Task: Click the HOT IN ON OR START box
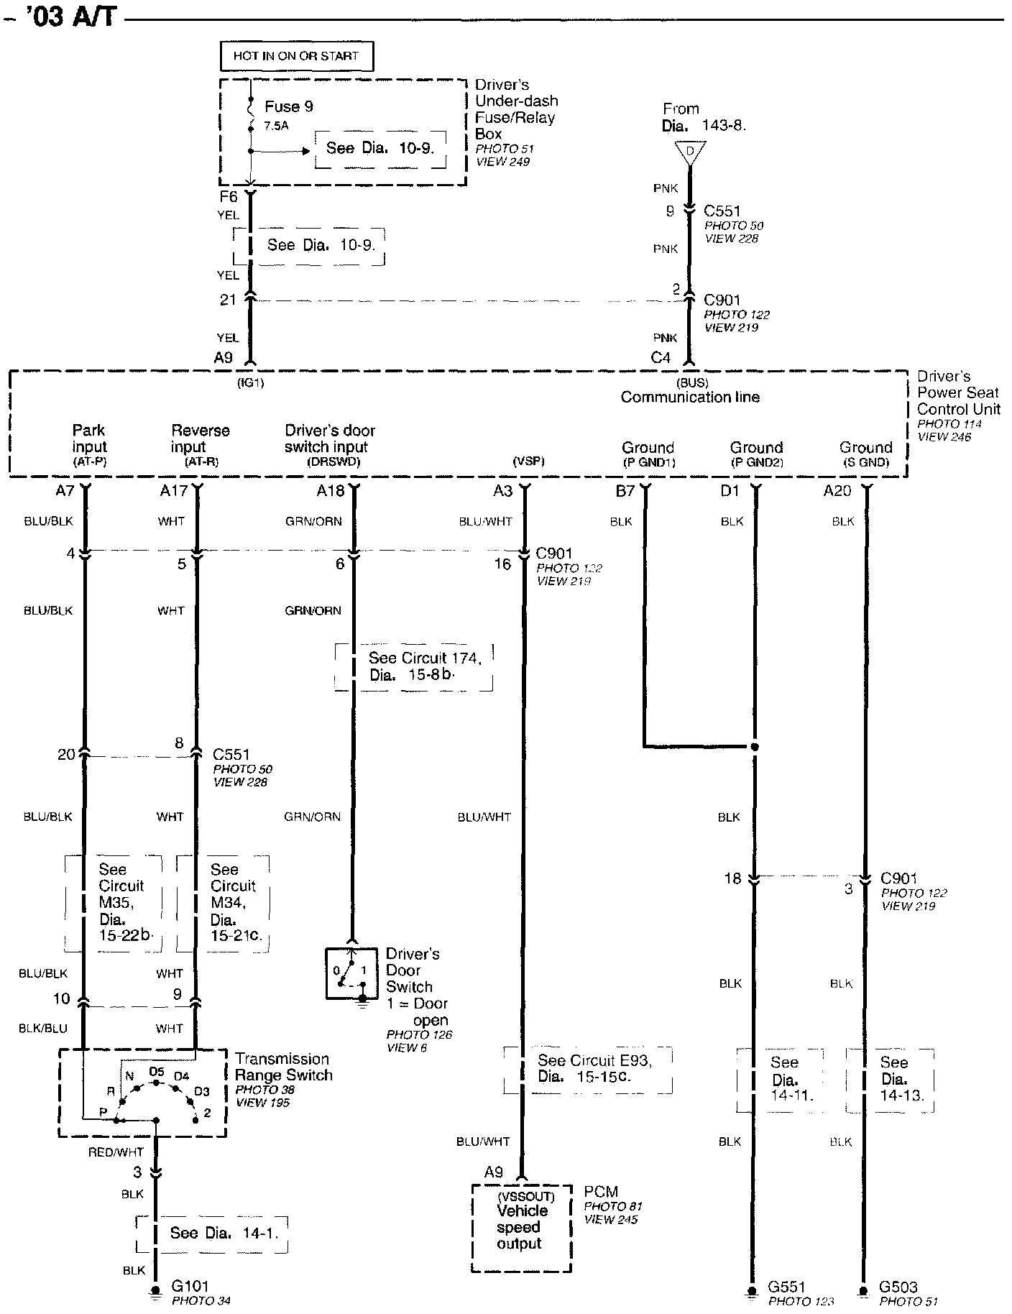tap(295, 55)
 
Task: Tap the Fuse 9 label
tap(289, 106)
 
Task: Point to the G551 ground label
tap(786, 1286)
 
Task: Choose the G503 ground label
tap(898, 1286)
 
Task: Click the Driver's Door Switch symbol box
tap(351, 973)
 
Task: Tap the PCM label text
tap(601, 1192)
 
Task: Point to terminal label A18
tap(331, 491)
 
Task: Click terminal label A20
tap(837, 491)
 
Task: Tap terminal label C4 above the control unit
tap(661, 357)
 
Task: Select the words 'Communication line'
tap(690, 397)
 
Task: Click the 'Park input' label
tap(88, 438)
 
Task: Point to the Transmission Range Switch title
tap(283, 1067)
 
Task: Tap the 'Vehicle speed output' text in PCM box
tap(521, 1227)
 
